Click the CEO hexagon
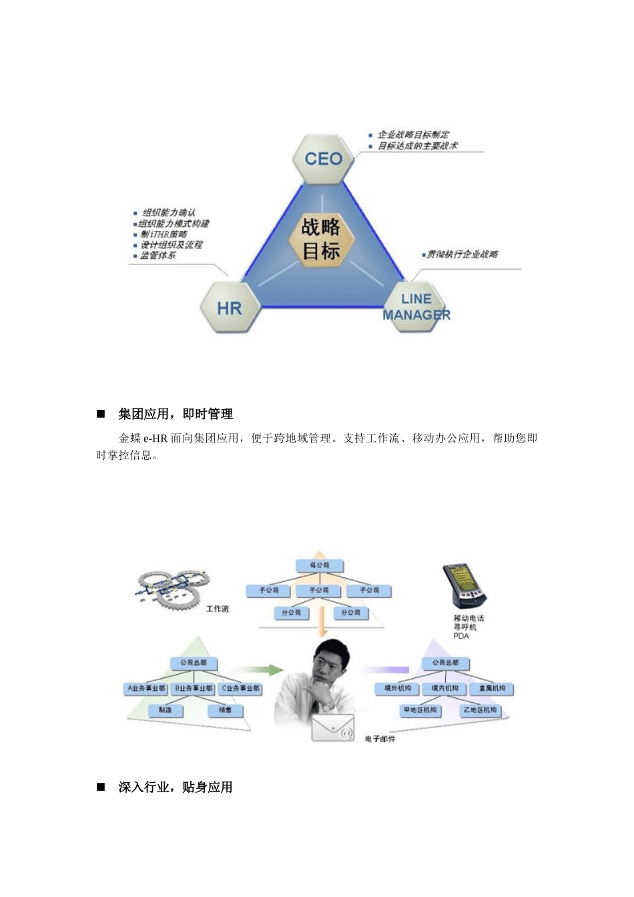(x=323, y=159)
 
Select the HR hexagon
(x=230, y=308)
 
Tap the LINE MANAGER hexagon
(x=416, y=307)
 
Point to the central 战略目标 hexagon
(x=321, y=239)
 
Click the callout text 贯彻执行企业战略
(x=462, y=254)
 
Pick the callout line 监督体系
(x=157, y=256)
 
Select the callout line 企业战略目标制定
(x=413, y=135)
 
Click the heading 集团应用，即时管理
(x=176, y=414)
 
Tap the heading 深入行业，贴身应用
(x=176, y=788)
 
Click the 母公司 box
(x=319, y=566)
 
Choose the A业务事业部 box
(x=146, y=688)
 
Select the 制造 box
(x=166, y=710)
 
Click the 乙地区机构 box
(x=480, y=710)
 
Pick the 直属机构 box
(x=492, y=688)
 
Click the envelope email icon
(x=333, y=728)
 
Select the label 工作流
(x=218, y=609)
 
